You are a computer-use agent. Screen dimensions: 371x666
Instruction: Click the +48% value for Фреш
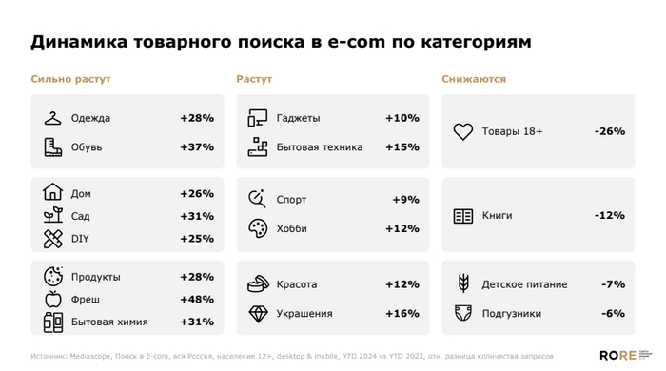click(x=196, y=300)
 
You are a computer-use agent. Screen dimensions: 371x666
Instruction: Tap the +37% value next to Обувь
click(x=196, y=147)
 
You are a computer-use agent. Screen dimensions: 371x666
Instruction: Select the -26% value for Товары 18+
click(x=609, y=131)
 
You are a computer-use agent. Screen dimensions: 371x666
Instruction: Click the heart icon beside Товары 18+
click(x=462, y=132)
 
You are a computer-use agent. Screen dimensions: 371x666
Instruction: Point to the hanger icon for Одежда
click(x=52, y=118)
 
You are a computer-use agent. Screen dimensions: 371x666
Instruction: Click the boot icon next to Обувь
click(x=52, y=147)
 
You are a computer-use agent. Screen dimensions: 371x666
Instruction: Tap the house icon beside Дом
click(x=52, y=193)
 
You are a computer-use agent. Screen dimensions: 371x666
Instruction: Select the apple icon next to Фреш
click(x=52, y=300)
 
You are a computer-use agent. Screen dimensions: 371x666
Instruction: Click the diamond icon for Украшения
click(x=258, y=314)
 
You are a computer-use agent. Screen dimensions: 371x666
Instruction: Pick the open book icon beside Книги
click(x=462, y=216)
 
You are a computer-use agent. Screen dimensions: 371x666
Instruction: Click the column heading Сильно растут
click(x=70, y=80)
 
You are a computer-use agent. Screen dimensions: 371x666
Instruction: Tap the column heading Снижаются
click(x=474, y=80)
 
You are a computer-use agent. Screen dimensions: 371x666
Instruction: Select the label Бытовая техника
click(x=320, y=147)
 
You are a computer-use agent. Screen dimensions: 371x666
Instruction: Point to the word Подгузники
click(x=512, y=314)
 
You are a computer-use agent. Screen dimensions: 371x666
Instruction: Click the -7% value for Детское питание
click(x=613, y=284)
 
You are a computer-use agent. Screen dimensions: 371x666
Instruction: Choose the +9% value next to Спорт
click(x=405, y=200)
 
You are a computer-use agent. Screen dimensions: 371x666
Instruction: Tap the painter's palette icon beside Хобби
click(x=258, y=228)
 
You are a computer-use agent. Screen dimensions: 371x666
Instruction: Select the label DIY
click(x=80, y=238)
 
